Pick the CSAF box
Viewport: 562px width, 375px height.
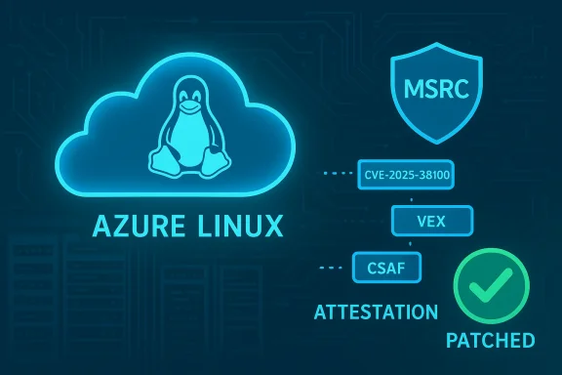(x=381, y=263)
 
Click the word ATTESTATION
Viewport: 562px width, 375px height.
(x=376, y=313)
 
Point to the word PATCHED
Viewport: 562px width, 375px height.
(x=490, y=341)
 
